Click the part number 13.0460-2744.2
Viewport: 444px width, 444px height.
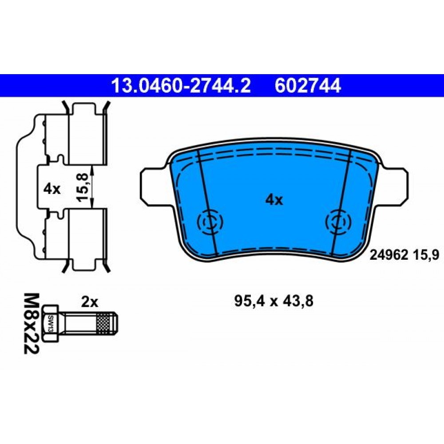[x=181, y=86]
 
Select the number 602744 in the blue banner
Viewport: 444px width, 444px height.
[x=308, y=86]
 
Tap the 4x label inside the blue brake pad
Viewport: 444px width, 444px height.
[x=274, y=200]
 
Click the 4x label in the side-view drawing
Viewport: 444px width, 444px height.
[x=52, y=189]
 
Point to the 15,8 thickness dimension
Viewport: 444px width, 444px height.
[x=83, y=188]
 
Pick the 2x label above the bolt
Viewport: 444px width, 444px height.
[x=90, y=302]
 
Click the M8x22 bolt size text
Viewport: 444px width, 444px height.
[x=31, y=323]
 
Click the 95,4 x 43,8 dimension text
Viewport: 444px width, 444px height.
[x=274, y=301]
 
